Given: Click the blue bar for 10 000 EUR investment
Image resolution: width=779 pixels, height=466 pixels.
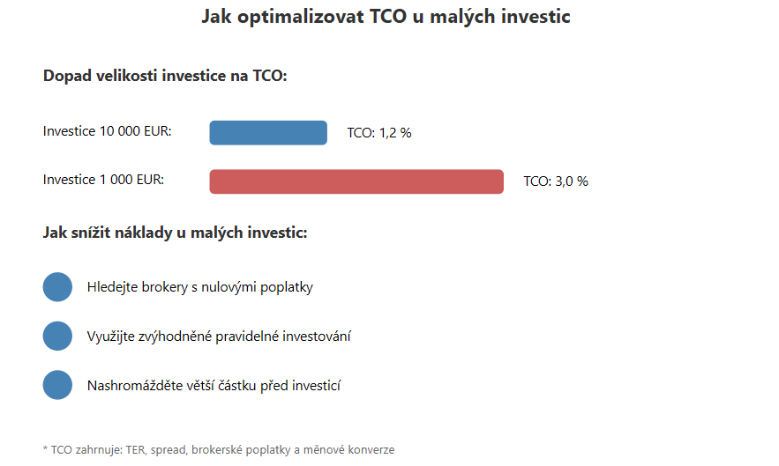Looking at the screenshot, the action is coord(268,132).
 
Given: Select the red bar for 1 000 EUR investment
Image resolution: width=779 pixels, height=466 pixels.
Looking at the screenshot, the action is coord(356,181).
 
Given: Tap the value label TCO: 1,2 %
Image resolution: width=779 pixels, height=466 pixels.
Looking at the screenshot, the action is coord(379,133).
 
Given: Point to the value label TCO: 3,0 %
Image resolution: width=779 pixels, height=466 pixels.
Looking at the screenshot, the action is coord(556,181).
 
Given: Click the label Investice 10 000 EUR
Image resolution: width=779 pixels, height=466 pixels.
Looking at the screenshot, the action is coord(107,131).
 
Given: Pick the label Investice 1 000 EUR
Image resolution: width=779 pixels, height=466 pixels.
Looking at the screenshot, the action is coord(103,180).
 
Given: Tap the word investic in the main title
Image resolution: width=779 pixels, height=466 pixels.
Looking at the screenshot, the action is coord(536,17).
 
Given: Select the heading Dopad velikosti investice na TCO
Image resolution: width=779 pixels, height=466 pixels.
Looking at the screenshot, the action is coord(165,76).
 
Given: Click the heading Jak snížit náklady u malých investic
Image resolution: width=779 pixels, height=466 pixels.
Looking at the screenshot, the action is coord(175,233).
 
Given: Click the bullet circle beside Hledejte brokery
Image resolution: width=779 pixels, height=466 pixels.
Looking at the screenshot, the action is coord(57,287).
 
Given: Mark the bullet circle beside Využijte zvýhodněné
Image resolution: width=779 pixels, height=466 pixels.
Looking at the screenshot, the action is coord(57,336).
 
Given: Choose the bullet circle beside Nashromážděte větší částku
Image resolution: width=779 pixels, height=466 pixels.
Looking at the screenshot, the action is coord(57,385).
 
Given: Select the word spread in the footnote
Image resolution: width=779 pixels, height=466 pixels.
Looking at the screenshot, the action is coord(169,450).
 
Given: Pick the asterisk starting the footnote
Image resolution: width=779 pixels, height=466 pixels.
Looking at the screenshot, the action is coord(45,448).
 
